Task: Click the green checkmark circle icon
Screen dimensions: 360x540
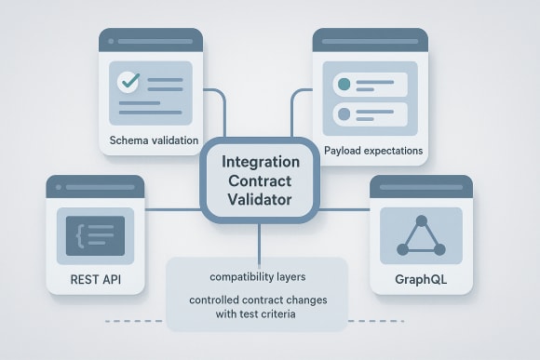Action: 128,82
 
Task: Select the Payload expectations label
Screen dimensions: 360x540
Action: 373,150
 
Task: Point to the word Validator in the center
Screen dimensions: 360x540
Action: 260,200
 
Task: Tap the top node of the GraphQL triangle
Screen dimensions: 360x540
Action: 421,221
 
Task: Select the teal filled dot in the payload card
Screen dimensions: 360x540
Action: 343,84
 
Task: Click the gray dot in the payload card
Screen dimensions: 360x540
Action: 343,113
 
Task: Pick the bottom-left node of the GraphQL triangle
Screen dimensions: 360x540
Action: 402,249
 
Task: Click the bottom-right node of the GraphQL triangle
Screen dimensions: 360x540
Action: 440,249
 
